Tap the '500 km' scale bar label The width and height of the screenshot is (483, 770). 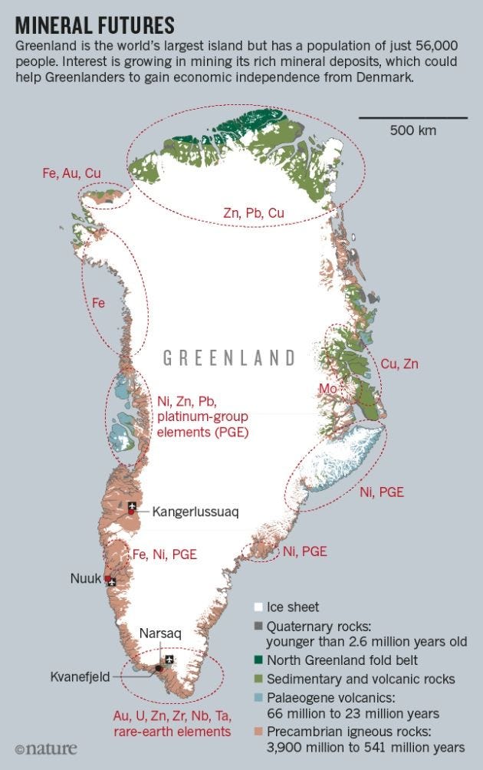click(412, 130)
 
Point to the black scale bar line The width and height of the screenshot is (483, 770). click(412, 117)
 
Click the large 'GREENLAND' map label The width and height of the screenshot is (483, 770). click(229, 357)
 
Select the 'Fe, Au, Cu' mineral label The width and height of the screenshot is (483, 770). click(71, 174)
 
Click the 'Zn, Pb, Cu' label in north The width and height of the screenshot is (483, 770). click(254, 213)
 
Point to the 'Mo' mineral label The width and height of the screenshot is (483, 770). click(329, 390)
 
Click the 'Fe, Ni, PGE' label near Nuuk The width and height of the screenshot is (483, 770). click(165, 554)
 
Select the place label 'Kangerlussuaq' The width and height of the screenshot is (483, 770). click(195, 512)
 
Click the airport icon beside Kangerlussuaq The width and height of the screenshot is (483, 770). click(133, 507)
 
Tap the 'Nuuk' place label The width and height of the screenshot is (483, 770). click(86, 578)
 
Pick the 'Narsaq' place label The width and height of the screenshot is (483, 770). click(160, 633)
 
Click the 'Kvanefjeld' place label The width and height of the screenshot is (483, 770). click(81, 676)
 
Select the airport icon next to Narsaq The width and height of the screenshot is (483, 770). click(169, 660)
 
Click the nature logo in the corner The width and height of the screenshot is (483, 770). click(41, 747)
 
